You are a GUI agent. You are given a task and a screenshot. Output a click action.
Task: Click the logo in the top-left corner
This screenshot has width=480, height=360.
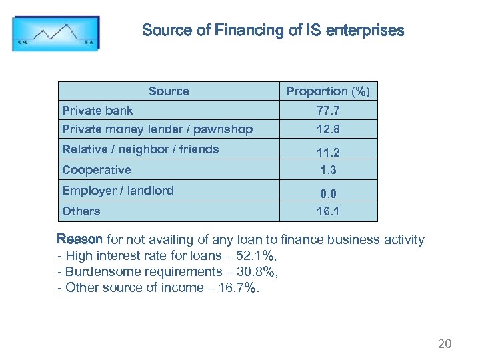[x=55, y=33]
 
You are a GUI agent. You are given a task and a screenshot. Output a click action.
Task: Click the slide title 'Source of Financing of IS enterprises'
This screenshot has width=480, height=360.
[x=273, y=31]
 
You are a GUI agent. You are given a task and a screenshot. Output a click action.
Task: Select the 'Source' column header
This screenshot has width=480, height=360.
[x=169, y=91]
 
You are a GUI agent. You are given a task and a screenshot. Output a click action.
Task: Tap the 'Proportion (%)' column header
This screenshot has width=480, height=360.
[x=328, y=91]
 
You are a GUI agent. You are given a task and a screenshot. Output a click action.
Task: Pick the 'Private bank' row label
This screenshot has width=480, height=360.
[x=97, y=111]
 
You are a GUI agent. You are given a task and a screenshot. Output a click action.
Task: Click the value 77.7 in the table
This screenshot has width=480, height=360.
[x=328, y=111]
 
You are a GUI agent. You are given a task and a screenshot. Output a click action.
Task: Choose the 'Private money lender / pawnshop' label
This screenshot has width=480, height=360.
[x=157, y=129]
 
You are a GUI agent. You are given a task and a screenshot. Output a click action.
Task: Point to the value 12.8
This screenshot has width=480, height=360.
[x=328, y=129]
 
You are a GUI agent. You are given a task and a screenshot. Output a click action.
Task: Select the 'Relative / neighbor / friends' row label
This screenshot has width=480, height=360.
[x=140, y=149]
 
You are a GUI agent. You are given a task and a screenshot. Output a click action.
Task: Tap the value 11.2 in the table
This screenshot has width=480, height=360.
[x=328, y=152]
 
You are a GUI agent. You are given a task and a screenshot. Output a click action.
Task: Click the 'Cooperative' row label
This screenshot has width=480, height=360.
[x=96, y=170]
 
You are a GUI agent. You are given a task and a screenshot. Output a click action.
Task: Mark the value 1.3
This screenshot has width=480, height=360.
[x=328, y=170]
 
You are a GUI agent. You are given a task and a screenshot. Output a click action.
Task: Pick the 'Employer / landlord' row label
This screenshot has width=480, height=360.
[x=118, y=191]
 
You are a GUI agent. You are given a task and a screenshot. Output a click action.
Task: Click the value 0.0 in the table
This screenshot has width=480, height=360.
[x=328, y=194]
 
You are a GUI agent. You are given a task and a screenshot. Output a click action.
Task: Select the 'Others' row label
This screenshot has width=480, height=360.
[x=81, y=211]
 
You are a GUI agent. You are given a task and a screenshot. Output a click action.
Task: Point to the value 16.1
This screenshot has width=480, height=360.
[x=328, y=211]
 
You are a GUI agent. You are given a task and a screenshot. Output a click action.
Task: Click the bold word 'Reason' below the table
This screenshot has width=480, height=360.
[x=80, y=239]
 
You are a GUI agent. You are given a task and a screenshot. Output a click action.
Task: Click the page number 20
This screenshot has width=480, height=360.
[x=445, y=344]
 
